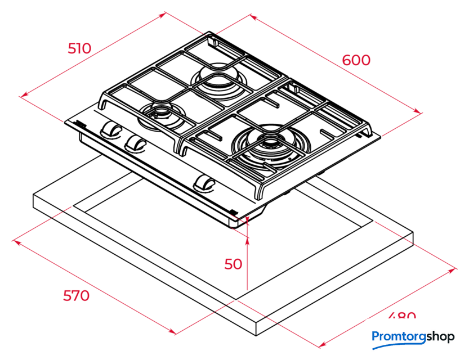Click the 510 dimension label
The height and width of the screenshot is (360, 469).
79,48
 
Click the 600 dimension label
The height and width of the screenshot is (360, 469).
356,60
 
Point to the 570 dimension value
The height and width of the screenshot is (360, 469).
75,295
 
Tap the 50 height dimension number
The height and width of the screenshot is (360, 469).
233,264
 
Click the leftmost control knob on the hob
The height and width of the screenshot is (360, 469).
110,129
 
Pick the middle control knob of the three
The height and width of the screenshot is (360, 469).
135,143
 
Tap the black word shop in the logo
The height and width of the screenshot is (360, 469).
440,337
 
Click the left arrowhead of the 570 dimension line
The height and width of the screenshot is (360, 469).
15,242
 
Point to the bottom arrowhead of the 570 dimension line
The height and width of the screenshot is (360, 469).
174,332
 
